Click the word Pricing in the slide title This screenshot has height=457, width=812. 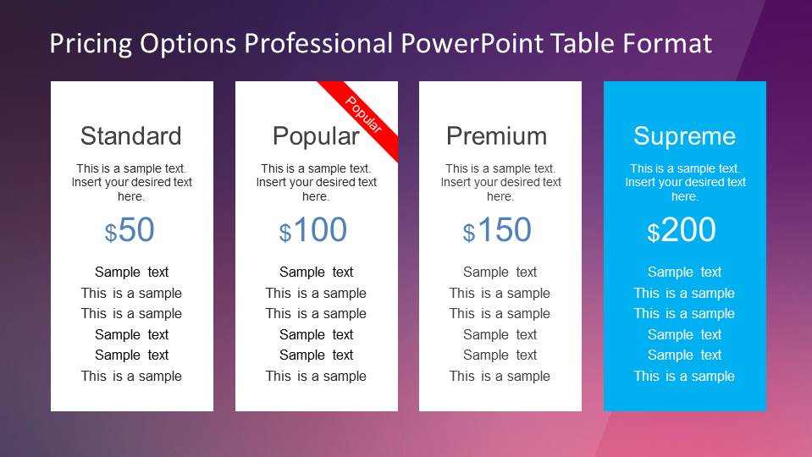(91, 43)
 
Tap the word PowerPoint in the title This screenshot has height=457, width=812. (472, 43)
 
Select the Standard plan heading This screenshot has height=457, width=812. (131, 136)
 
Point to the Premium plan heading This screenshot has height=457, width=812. (497, 136)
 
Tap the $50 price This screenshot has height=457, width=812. (130, 230)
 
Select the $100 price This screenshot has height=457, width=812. (312, 230)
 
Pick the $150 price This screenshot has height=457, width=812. (497, 230)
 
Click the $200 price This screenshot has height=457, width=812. (682, 230)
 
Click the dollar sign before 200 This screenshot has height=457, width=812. (654, 233)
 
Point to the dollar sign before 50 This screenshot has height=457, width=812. (111, 233)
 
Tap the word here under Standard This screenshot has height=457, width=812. (131, 196)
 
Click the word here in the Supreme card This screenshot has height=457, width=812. (685, 196)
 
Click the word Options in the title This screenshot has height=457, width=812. (188, 43)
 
